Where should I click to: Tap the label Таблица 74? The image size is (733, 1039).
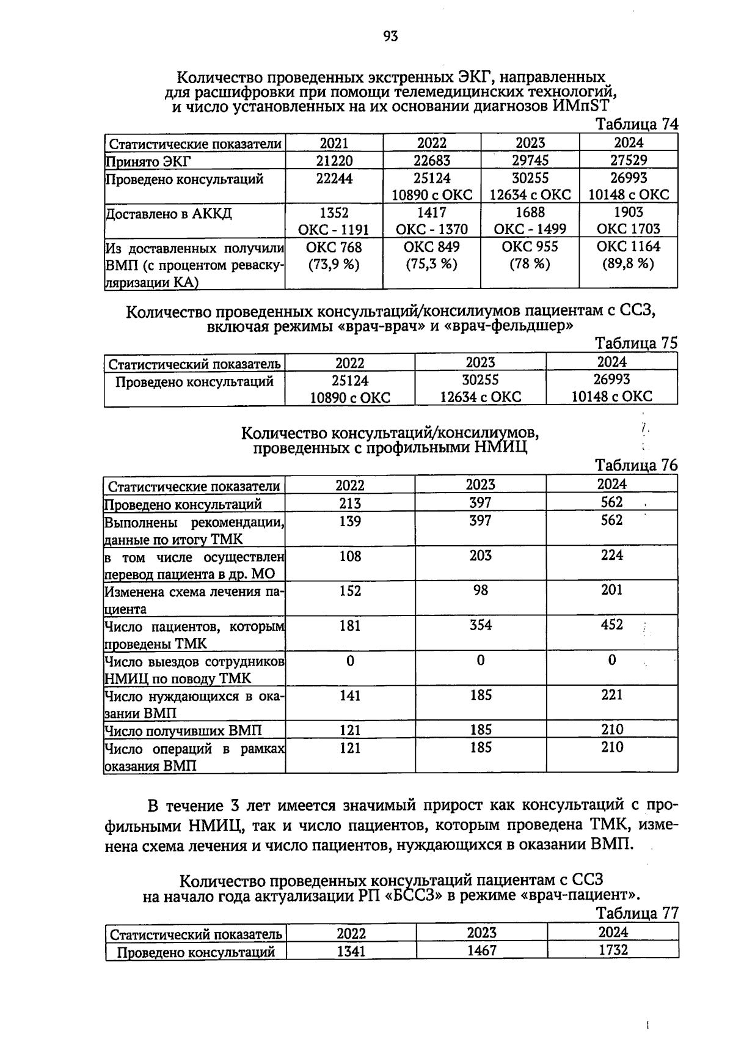[636, 124]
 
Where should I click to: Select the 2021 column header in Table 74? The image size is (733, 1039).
[334, 143]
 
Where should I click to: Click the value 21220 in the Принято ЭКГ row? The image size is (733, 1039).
[334, 161]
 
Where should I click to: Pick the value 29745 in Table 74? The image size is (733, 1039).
[530, 161]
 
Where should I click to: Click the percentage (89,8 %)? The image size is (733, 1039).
[628, 264]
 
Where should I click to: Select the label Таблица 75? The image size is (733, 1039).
[636, 343]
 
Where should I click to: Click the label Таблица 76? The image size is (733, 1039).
[636, 465]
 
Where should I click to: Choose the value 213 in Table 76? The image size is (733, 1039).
[350, 503]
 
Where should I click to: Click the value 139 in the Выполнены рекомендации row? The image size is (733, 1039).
[350, 521]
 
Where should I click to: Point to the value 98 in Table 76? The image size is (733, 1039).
[481, 590]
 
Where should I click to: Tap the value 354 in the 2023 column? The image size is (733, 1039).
[481, 625]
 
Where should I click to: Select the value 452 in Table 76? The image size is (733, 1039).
[611, 625]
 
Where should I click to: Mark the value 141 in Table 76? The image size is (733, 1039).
[350, 695]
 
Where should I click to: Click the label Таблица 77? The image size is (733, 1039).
[637, 913]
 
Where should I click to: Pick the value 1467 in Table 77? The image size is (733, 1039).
[481, 950]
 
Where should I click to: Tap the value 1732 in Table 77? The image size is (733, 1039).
[613, 950]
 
